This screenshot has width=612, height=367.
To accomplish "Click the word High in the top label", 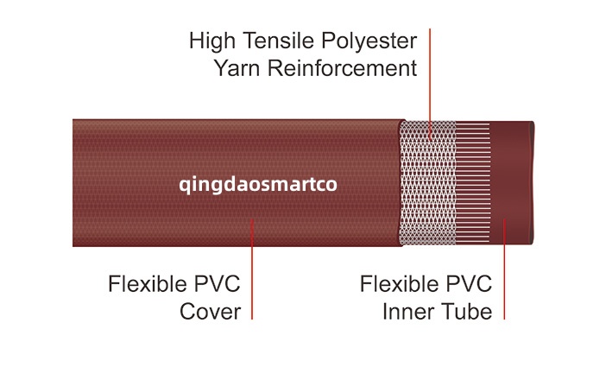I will [x=211, y=41].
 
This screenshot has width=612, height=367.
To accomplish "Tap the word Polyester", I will [x=368, y=41].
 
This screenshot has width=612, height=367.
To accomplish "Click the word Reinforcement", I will [x=343, y=68].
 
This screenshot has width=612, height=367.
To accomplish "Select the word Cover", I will [x=210, y=312].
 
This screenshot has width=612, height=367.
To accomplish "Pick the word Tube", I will [x=467, y=312].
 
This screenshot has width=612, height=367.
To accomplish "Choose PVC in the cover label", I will [x=217, y=284].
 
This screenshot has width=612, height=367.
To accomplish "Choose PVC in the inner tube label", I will [x=469, y=284].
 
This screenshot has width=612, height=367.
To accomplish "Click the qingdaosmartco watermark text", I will [x=256, y=184].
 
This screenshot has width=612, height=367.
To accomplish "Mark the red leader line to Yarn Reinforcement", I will [x=430, y=78].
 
